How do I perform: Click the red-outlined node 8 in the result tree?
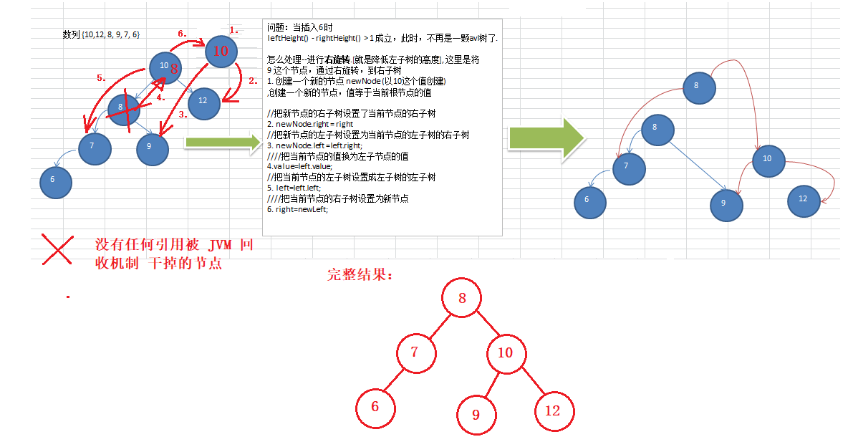click(462, 299)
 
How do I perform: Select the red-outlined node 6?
click(375, 407)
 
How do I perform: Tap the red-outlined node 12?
click(553, 410)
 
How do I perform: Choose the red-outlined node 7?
click(415, 353)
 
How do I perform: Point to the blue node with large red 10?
click(221, 51)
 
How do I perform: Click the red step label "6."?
click(182, 33)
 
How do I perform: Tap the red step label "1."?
click(233, 30)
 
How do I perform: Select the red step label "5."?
click(102, 78)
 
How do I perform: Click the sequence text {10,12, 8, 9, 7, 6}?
click(101, 34)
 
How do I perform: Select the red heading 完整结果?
click(360, 274)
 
